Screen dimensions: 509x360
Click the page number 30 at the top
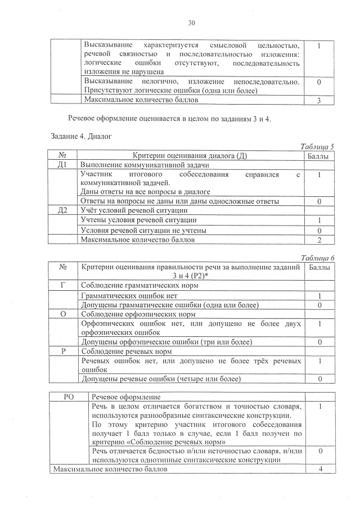click(x=191, y=23)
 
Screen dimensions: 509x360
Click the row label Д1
click(x=63, y=165)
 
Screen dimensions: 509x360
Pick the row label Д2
click(x=63, y=210)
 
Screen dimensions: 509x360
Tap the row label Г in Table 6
click(x=63, y=286)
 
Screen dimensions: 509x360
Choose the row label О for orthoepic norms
click(x=63, y=314)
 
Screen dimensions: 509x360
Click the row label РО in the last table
click(x=70, y=397)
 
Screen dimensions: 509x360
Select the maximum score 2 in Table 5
click(x=319, y=240)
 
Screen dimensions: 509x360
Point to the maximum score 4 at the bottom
click(x=319, y=470)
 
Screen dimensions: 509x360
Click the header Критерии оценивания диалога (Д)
click(x=190, y=156)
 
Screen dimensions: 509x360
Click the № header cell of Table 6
click(x=63, y=267)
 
